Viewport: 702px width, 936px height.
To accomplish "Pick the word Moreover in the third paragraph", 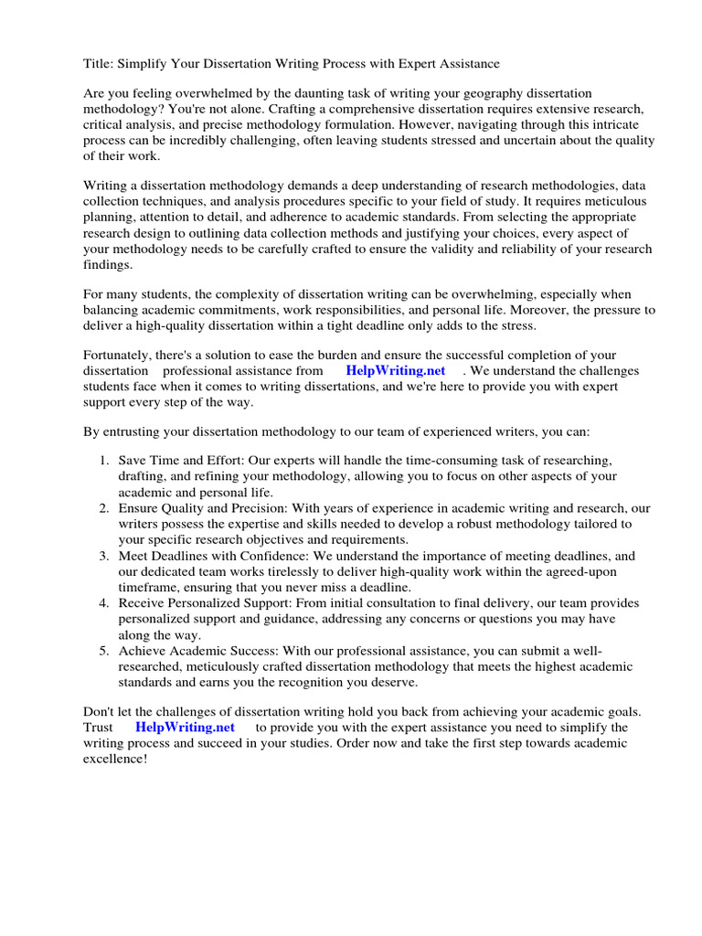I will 529,310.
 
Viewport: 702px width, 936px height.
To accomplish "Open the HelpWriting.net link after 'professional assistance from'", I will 396,371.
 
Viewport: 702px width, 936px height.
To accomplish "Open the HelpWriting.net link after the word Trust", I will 185,727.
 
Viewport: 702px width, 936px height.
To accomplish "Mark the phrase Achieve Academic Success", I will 197,651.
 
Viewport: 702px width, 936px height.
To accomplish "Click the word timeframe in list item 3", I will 150,587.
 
